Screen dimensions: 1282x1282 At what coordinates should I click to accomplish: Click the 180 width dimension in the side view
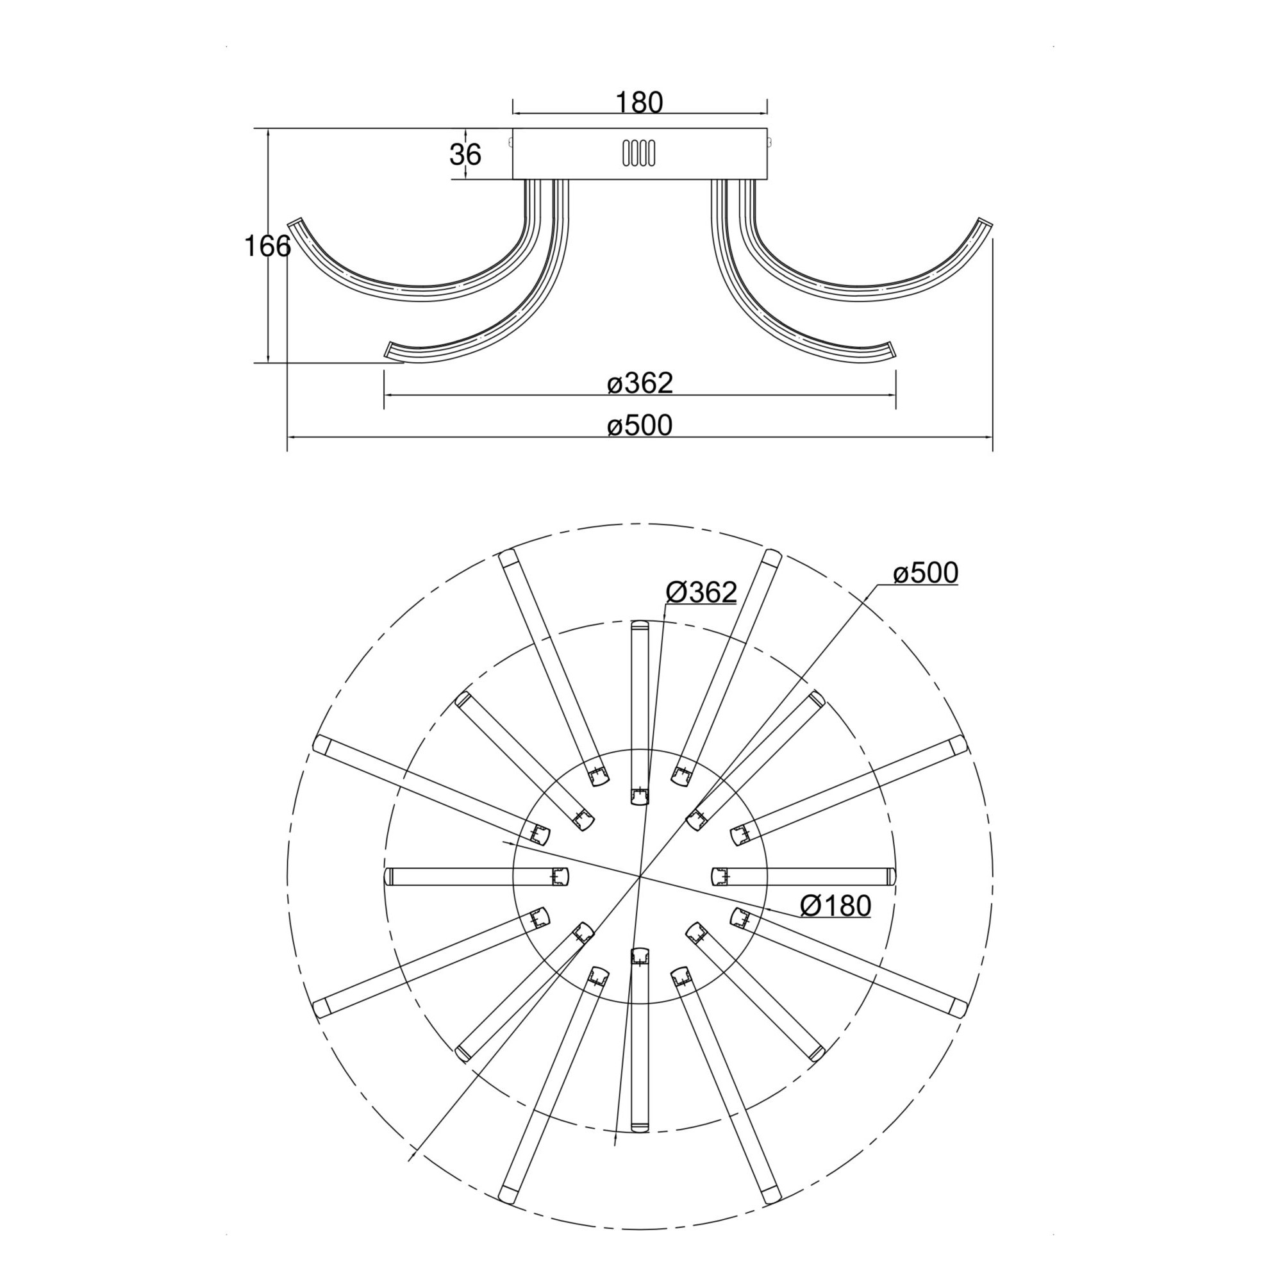coord(640,103)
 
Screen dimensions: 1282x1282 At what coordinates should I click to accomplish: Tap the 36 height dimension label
coord(465,154)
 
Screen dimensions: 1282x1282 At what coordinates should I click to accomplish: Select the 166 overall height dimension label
coord(267,246)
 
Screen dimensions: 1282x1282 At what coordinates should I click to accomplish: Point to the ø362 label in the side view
coord(640,383)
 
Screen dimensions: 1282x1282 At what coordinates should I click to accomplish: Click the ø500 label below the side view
coord(640,426)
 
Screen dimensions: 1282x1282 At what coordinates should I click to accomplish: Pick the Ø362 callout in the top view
coord(701,592)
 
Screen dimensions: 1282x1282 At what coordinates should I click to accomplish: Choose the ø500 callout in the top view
coord(926,572)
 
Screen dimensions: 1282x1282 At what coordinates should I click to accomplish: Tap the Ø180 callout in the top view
coord(835,905)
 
